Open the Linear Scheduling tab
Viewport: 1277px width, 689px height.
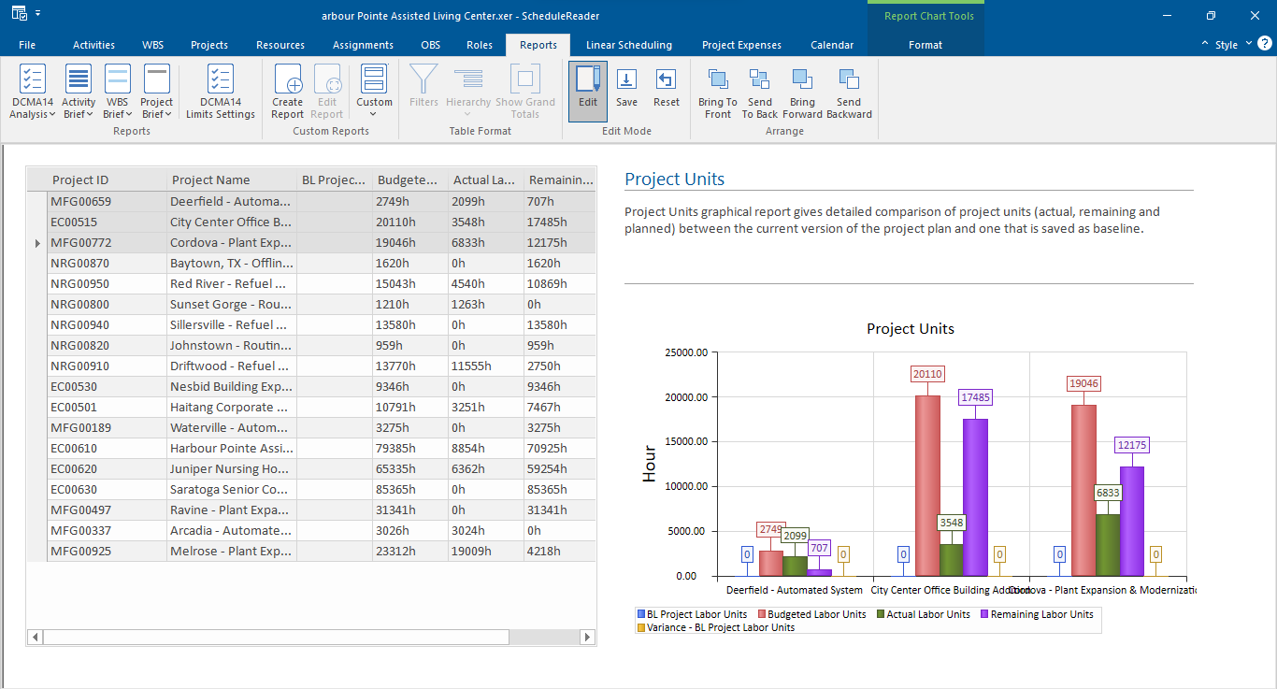pos(628,45)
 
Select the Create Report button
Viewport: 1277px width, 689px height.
pos(288,91)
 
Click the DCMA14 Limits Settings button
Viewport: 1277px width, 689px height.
pos(221,91)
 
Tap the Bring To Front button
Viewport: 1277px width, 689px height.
pos(717,91)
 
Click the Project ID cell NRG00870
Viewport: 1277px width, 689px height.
pos(80,263)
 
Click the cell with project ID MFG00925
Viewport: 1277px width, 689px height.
pos(80,551)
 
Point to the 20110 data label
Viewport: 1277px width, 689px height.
pos(926,374)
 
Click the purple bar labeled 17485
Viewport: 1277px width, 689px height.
pos(975,495)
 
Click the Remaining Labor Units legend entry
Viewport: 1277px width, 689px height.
pos(1041,614)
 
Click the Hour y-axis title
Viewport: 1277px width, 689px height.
pos(649,464)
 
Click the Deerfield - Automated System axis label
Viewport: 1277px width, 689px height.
pos(794,590)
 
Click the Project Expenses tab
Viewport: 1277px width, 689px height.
pos(741,45)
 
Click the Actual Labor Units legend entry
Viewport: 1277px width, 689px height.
pos(927,614)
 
